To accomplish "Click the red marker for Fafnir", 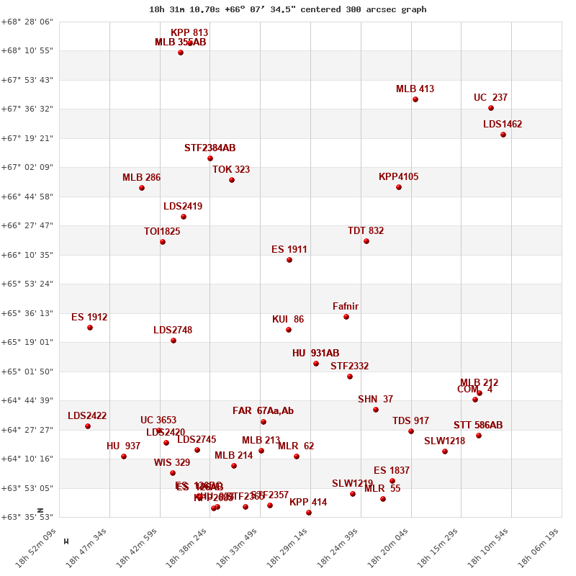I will [x=346, y=317].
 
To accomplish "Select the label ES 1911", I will [x=289, y=250].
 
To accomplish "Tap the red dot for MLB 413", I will [x=415, y=99].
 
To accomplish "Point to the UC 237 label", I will [x=490, y=98].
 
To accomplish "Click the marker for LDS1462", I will [x=503, y=135].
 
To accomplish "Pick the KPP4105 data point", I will [x=399, y=187].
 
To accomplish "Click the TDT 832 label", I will [x=366, y=231].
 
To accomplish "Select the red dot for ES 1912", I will [x=90, y=328].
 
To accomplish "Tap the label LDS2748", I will [x=173, y=330].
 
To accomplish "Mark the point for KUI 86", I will [x=289, y=330].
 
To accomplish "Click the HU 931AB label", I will [x=315, y=354].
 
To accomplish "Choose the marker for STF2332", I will [x=350, y=377].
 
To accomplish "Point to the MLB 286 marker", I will [x=142, y=188].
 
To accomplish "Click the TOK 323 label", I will [x=231, y=170].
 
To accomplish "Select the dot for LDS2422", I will [x=88, y=426].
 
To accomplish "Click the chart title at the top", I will [x=288, y=9].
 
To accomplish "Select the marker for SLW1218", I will [x=445, y=451].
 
